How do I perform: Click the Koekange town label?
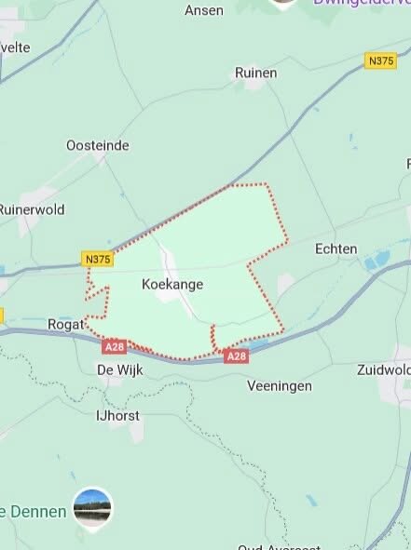172,283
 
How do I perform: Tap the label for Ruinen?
256,72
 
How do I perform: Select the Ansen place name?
204,10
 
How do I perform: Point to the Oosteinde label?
98,145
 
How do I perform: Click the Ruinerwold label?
32,209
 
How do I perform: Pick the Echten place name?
309,249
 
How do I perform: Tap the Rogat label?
65,324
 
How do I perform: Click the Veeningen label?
280,385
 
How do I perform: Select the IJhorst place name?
118,415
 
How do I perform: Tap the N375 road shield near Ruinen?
380,60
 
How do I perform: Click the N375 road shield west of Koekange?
97,259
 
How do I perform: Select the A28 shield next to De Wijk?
115,346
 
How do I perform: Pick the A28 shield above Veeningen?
237,356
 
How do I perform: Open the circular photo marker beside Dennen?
92,507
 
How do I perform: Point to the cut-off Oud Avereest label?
279,546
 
